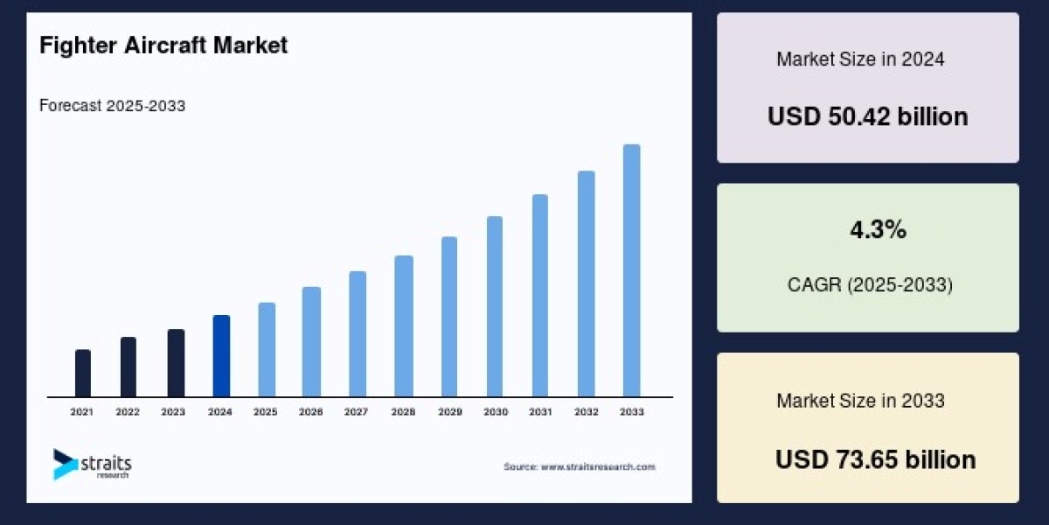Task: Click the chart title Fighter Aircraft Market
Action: click(163, 45)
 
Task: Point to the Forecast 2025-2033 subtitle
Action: click(112, 106)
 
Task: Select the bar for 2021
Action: click(83, 374)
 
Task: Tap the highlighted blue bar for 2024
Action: click(221, 356)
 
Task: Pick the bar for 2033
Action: click(631, 271)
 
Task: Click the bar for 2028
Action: click(403, 326)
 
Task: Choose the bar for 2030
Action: click(495, 307)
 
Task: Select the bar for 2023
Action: click(176, 363)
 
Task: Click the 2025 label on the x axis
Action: click(266, 411)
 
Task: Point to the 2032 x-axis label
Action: click(587, 411)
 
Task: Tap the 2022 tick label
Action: click(128, 411)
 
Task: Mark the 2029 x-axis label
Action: click(449, 411)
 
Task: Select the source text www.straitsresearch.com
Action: click(579, 467)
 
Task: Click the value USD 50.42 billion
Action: click(867, 116)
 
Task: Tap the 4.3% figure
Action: click(878, 231)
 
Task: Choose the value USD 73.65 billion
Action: click(875, 459)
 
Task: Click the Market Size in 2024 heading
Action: click(860, 59)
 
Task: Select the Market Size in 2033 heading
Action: click(860, 401)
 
